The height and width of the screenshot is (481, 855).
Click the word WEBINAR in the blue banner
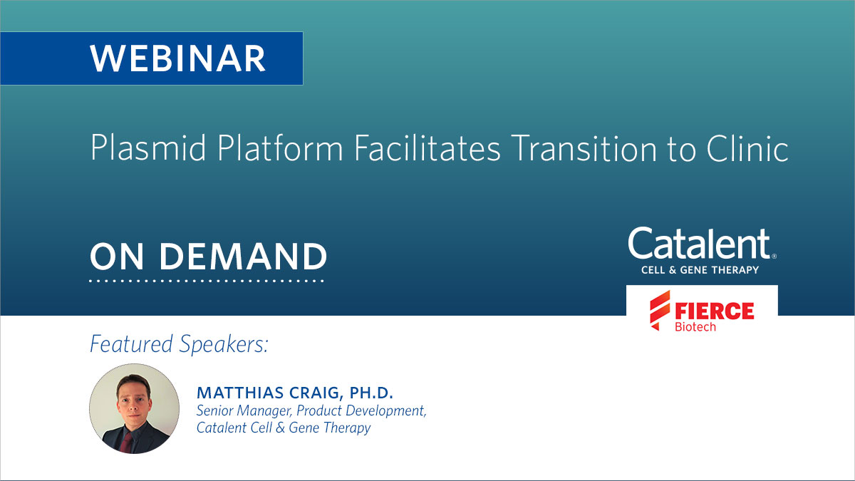[177, 58]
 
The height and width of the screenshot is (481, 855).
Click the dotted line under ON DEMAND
[207, 281]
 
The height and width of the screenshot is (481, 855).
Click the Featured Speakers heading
[179, 344]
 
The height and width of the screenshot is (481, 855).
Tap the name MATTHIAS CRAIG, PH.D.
[295, 393]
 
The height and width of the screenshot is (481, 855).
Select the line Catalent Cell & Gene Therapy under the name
[284, 428]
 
